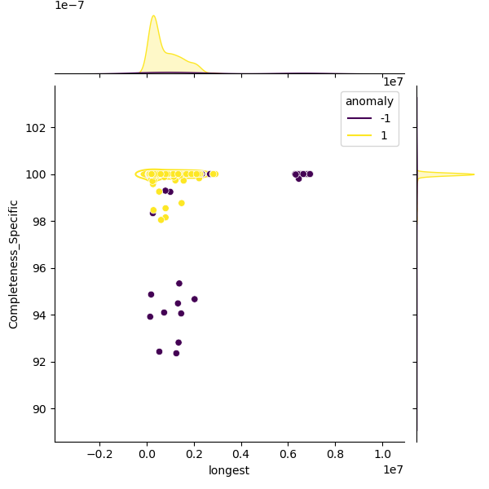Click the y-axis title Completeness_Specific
coord(14,263)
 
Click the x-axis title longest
coord(229,470)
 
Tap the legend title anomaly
coord(369,101)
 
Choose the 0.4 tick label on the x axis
coord(241,453)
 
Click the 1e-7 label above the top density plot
coord(69,6)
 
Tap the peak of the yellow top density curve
coord(153,15)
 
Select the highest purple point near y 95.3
coord(179,284)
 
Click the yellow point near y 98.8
coord(181,203)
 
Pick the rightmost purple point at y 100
coord(310,174)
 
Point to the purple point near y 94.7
coord(194,299)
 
